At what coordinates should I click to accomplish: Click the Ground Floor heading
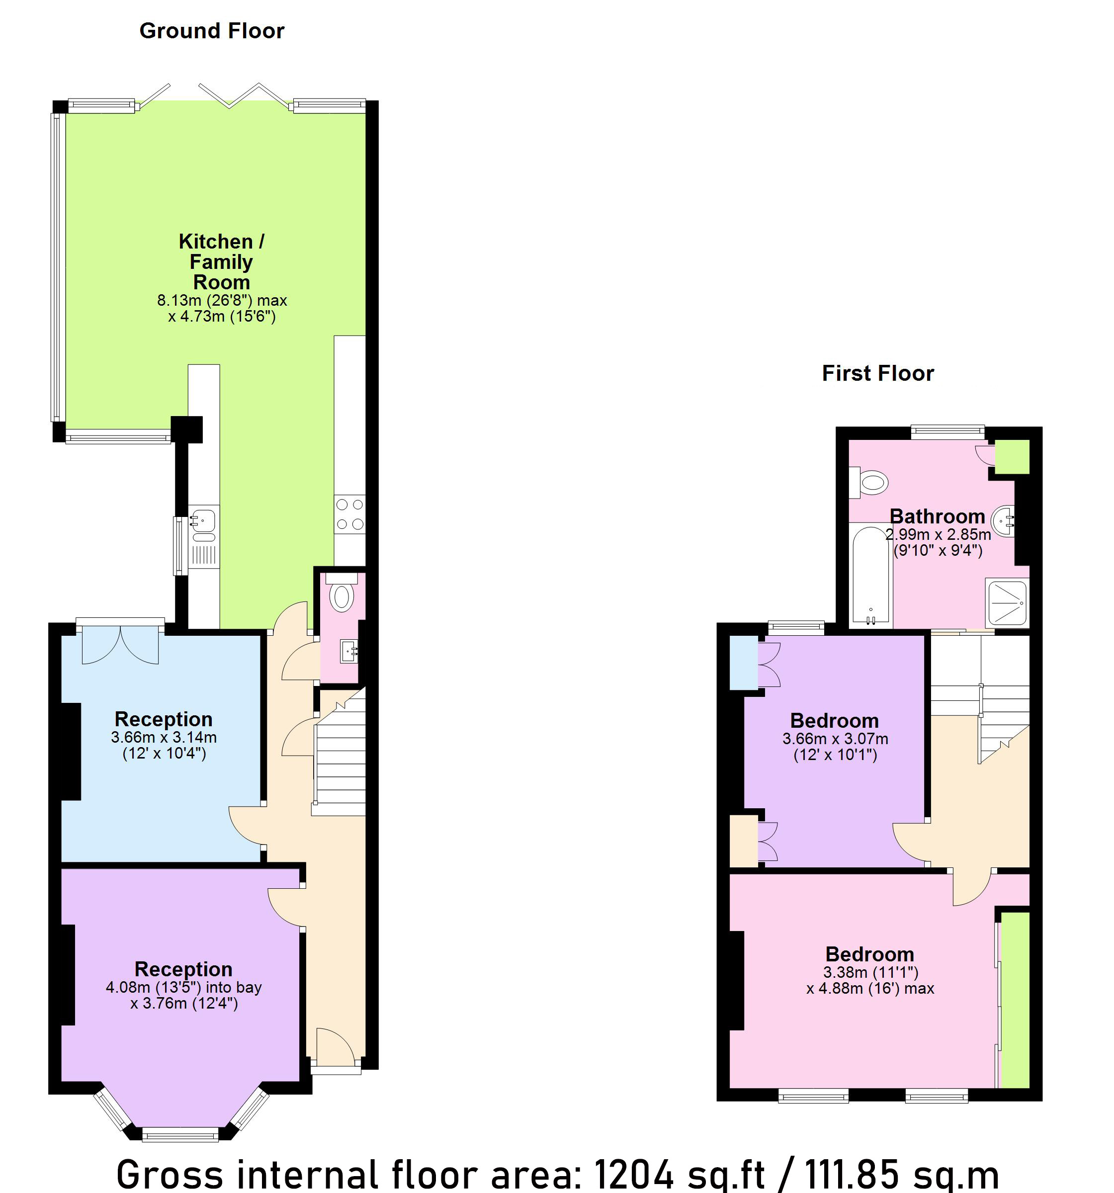(211, 31)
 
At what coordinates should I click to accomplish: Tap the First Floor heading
(877, 373)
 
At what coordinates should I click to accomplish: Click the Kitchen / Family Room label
(222, 261)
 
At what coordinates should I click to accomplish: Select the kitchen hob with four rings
(350, 514)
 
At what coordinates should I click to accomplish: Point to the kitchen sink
(203, 519)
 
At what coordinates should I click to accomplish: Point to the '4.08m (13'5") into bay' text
(183, 987)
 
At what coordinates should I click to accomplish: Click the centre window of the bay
(180, 1133)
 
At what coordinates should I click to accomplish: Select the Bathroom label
(937, 516)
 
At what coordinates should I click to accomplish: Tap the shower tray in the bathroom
(1007, 602)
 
